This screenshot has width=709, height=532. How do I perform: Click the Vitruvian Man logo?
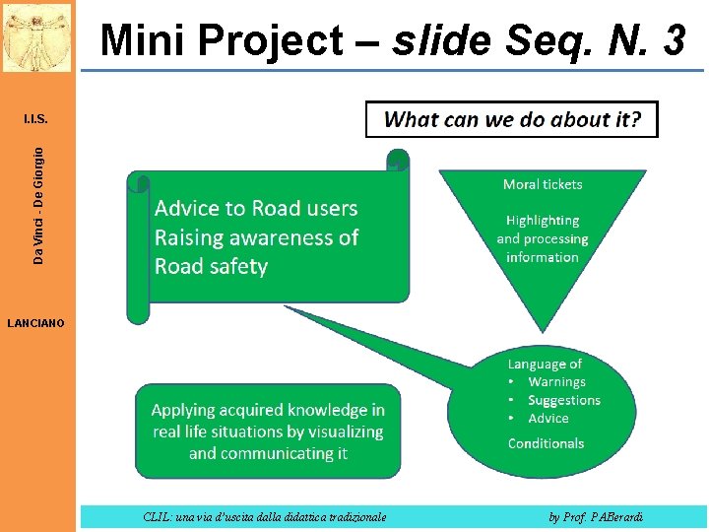click(36, 36)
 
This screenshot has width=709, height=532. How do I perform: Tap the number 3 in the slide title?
click(674, 40)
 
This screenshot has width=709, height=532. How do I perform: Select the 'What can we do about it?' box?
click(511, 120)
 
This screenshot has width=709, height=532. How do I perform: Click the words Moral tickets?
click(543, 184)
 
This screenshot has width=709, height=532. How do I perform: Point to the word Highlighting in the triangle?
click(543, 221)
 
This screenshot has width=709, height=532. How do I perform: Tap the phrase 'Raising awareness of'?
click(256, 237)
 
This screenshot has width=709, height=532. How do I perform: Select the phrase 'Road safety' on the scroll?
click(211, 266)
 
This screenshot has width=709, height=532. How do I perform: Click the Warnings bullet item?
click(556, 382)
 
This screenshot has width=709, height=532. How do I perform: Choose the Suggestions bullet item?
click(563, 400)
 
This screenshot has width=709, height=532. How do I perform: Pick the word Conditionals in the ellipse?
click(546, 443)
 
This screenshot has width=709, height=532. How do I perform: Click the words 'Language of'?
click(545, 365)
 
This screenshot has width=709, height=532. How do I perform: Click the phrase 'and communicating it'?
click(268, 453)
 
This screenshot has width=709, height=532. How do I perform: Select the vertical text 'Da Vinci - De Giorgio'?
click(38, 205)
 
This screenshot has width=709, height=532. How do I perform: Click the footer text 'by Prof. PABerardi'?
click(597, 516)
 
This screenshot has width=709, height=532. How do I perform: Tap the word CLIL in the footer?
click(156, 516)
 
